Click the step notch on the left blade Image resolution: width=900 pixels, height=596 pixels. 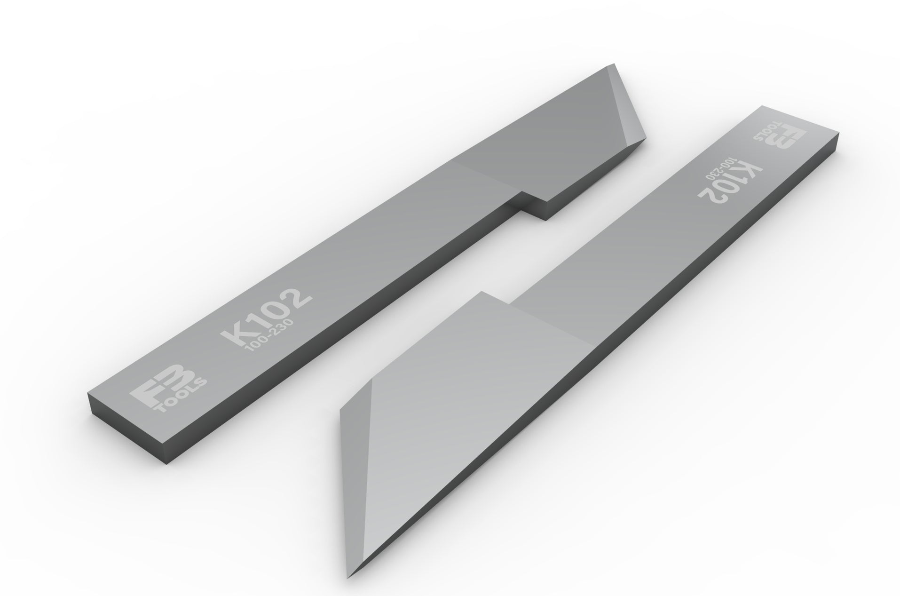(x=522, y=193)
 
